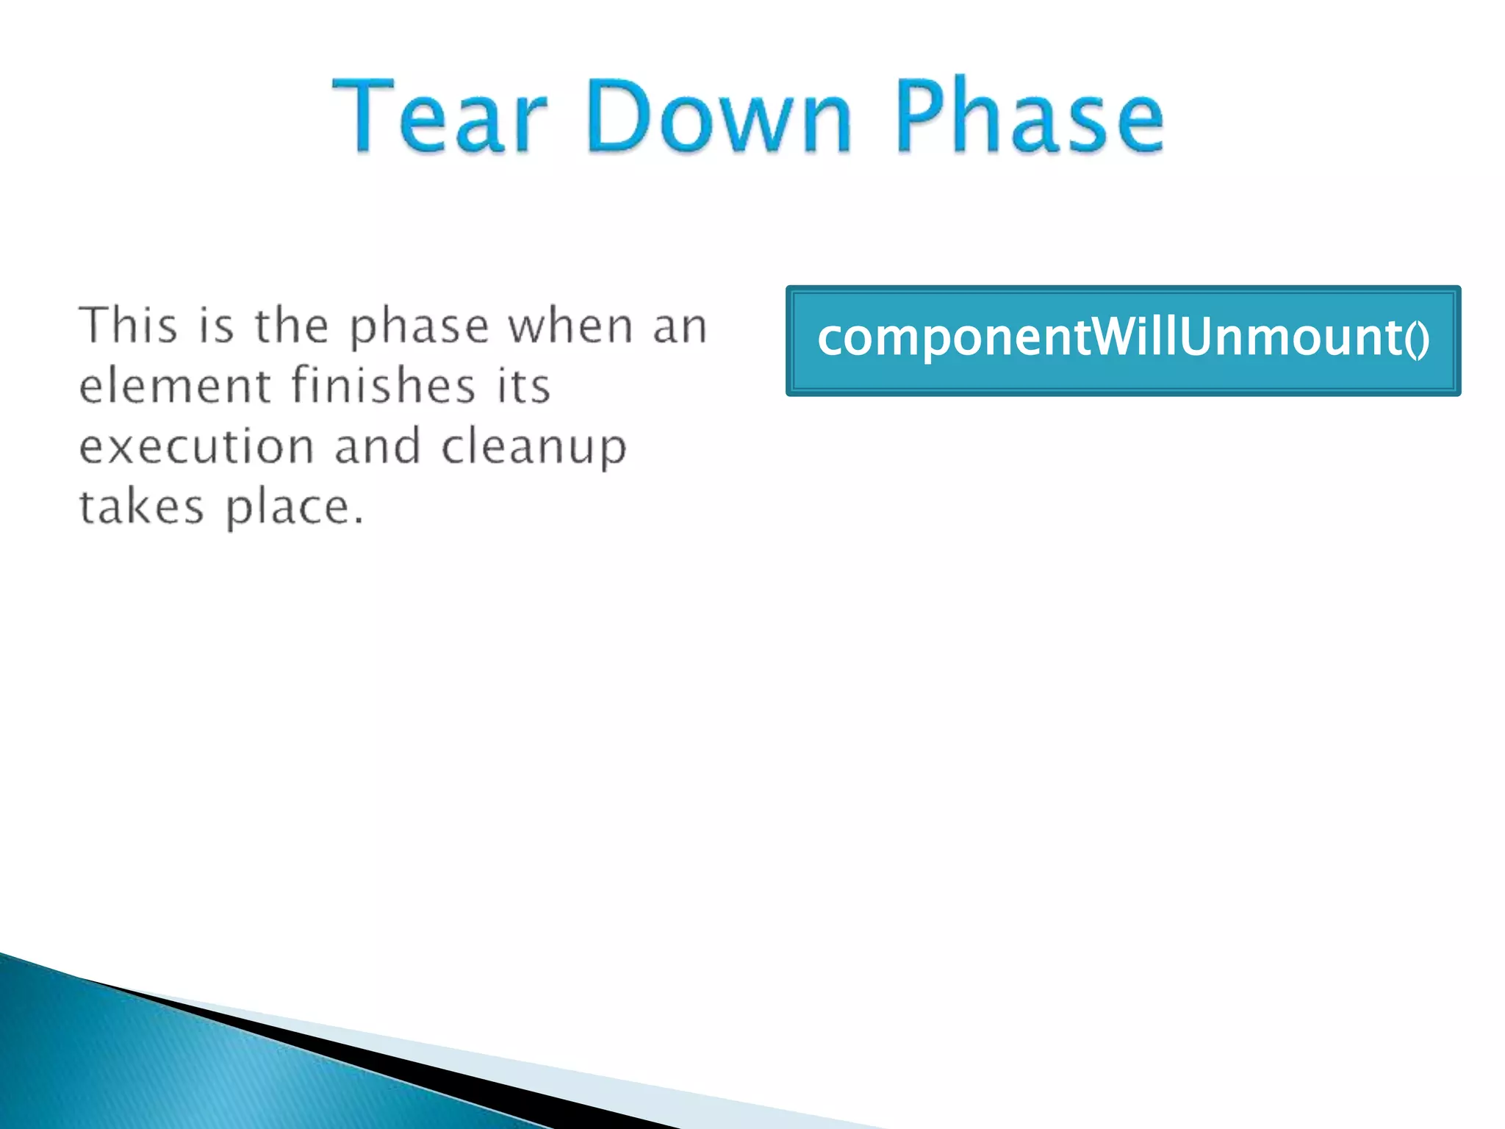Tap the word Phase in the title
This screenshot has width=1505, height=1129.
1029,118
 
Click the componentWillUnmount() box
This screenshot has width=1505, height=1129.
1123,341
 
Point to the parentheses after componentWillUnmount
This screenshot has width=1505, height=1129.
1418,340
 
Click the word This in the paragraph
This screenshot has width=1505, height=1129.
129,325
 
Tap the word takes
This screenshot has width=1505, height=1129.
141,506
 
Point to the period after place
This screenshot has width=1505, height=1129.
358,520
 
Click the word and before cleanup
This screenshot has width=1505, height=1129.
378,446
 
